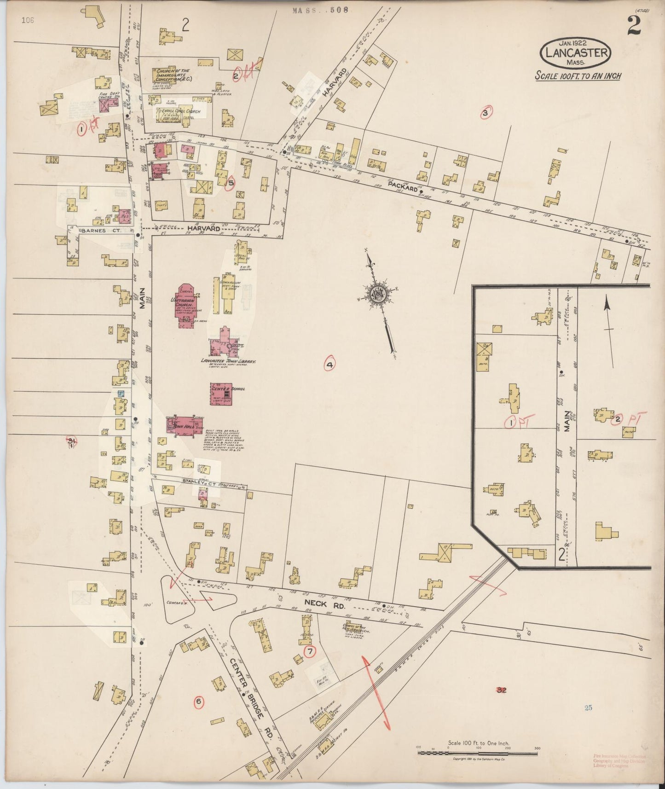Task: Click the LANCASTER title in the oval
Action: pos(576,52)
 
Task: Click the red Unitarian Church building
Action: pos(186,306)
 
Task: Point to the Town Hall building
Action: pos(185,425)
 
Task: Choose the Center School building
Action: pos(221,394)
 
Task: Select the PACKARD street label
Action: pos(402,186)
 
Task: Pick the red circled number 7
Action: pos(310,651)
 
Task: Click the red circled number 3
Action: pos(485,112)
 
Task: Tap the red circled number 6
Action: pos(198,702)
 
